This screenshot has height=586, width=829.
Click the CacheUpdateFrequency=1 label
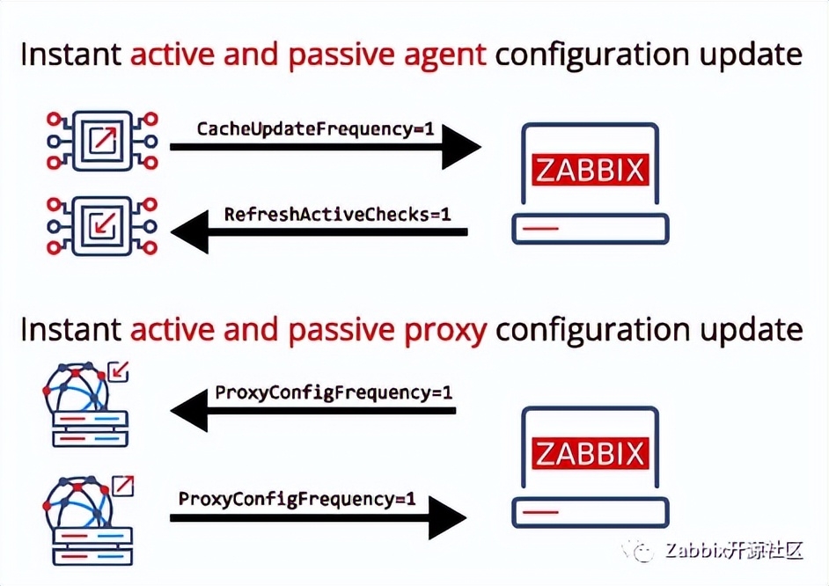pos(315,128)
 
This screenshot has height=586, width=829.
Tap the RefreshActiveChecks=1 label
pos(338,214)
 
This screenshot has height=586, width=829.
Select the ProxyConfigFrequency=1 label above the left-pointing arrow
pos(334,392)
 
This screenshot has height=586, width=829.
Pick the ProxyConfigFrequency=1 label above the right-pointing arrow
pos(297,498)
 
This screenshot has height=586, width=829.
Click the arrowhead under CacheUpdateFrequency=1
pos(459,147)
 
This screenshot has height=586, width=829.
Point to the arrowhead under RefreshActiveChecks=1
pos(189,233)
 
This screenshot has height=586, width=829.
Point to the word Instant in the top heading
pos(70,55)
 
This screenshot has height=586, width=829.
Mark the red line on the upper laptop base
pos(540,229)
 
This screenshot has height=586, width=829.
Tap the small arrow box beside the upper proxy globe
pos(118,372)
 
